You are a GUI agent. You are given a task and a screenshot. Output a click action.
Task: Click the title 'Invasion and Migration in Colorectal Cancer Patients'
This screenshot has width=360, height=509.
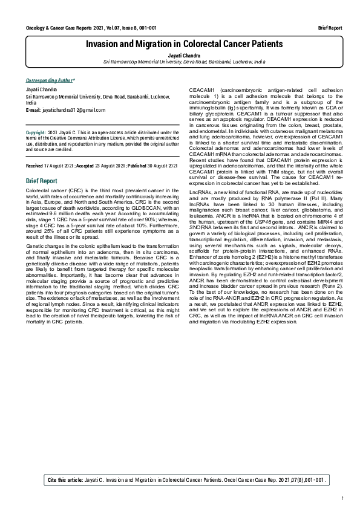[184, 44]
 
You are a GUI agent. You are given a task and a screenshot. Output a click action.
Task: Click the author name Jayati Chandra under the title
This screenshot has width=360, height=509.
[184, 54]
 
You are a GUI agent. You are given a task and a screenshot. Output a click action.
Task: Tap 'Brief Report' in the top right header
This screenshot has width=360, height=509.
[330, 28]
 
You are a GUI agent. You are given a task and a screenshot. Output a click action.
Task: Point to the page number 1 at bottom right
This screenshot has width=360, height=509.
[342, 498]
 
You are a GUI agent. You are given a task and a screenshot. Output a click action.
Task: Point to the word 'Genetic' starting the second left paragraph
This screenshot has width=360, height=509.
[35, 241]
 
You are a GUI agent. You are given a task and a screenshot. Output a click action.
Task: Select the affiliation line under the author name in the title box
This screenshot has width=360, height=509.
[184, 62]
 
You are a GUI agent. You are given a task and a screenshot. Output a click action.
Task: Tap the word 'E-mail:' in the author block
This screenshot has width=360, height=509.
[34, 110]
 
